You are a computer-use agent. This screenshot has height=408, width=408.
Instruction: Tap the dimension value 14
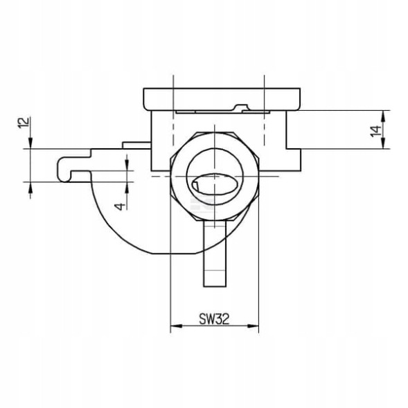point(375,130)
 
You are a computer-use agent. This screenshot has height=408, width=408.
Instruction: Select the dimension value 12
point(24,123)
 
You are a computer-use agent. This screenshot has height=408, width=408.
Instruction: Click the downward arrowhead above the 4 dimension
point(127,164)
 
